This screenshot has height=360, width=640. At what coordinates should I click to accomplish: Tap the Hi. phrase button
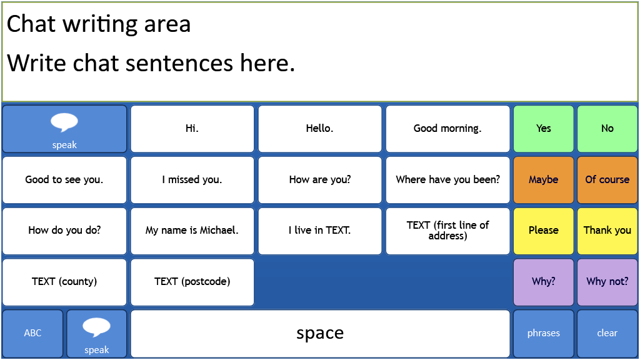point(192,129)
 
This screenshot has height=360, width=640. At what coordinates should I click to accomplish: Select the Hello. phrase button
point(320,129)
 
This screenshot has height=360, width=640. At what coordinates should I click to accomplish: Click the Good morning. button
point(447,129)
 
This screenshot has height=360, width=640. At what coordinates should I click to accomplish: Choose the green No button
point(607,129)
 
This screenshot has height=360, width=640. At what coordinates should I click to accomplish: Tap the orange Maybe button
point(544,179)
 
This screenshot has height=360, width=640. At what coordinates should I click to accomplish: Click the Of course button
point(607,179)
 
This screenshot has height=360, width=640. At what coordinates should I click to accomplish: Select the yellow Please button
point(544,231)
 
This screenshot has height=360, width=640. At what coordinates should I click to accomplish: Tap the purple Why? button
point(544,282)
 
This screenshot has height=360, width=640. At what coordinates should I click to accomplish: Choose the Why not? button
point(607,282)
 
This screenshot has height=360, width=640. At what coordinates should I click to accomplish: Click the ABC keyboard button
point(32,334)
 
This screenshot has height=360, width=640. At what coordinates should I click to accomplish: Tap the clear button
point(607,334)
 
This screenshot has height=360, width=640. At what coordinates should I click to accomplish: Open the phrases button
point(544,334)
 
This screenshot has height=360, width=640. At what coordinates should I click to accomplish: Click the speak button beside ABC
point(97,334)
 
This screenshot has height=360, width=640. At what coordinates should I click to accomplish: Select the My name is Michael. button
point(192,231)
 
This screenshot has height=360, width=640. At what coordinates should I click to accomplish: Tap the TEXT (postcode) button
point(192,282)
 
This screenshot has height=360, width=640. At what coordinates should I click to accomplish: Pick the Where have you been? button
point(447,179)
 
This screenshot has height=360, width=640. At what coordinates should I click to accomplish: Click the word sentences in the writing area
point(179,63)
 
